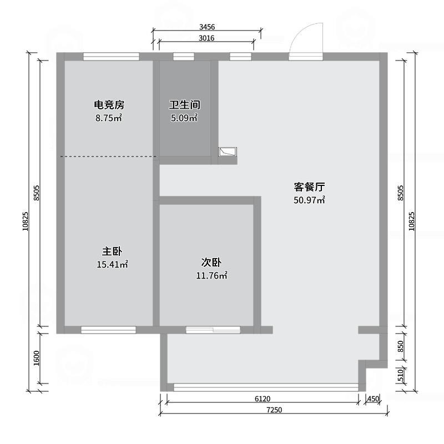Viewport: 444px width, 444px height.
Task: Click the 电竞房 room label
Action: coord(109,105)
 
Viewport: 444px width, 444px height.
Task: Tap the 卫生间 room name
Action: coord(185,105)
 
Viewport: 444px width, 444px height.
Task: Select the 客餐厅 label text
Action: coord(309,187)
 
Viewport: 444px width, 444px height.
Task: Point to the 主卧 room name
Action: coord(112,251)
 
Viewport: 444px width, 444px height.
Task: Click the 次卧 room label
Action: coord(211,263)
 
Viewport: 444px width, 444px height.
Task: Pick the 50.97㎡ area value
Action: coord(309,200)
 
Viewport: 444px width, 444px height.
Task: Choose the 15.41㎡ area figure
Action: coord(113,265)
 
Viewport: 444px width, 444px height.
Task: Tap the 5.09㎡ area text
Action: coord(184,118)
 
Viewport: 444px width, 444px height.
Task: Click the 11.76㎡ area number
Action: coord(211,275)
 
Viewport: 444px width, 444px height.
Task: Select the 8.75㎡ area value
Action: coord(109,118)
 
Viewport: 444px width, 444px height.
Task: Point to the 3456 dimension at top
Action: coord(207,27)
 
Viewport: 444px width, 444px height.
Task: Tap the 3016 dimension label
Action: coord(206,38)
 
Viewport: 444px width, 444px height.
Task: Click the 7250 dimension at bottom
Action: coord(274,410)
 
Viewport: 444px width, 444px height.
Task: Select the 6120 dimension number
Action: coord(263,398)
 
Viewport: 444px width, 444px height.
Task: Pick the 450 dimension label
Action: coord(373,398)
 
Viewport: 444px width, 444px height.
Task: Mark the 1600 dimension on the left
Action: coord(37,358)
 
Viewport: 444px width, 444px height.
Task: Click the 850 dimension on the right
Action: coord(400,346)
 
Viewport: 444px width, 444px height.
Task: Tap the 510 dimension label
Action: coord(400,375)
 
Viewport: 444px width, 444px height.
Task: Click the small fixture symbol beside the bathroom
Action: coord(228,152)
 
